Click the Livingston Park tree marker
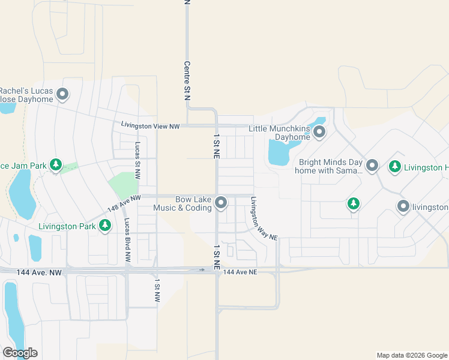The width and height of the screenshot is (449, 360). click(x=105, y=226)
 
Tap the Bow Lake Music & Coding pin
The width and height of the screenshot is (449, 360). click(x=221, y=203)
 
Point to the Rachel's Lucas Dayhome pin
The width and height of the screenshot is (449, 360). click(x=62, y=94)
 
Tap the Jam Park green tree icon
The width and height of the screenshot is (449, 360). click(x=56, y=164)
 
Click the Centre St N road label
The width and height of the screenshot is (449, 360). click(x=187, y=80)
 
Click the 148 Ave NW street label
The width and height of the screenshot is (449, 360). click(x=124, y=203)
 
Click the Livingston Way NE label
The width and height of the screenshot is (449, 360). click(x=264, y=219)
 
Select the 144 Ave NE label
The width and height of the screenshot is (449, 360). click(x=240, y=272)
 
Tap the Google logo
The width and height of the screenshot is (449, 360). click(x=20, y=353)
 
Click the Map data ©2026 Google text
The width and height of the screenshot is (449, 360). click(x=411, y=355)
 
